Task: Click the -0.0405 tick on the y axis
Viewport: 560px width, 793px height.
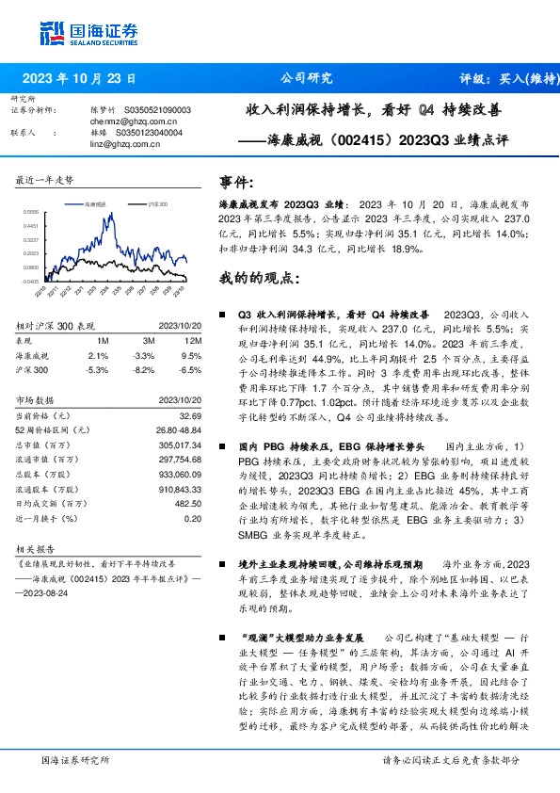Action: (31, 280)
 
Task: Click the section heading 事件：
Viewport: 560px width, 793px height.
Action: (236, 181)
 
